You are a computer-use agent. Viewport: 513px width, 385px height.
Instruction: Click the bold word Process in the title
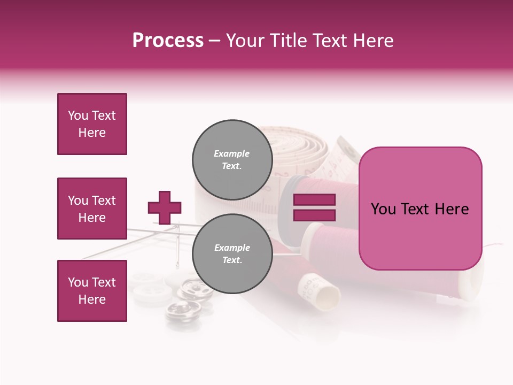(168, 41)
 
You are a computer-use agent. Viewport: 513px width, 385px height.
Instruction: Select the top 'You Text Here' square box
(92, 124)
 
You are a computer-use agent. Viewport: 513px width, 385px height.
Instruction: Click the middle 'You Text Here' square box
(92, 209)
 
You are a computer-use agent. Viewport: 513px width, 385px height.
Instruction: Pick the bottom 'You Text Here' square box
(92, 291)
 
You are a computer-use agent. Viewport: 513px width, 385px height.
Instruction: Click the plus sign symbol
(164, 207)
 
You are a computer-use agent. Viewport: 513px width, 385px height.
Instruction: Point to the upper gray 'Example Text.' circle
(232, 159)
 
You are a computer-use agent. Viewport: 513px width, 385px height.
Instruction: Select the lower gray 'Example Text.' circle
(232, 253)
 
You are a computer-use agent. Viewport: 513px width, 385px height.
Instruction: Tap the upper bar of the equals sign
(314, 200)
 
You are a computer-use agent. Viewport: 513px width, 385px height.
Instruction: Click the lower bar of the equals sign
(314, 215)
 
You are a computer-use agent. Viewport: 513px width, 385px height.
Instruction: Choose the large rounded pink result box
(420, 209)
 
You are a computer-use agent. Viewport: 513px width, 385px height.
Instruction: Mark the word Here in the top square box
(92, 133)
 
